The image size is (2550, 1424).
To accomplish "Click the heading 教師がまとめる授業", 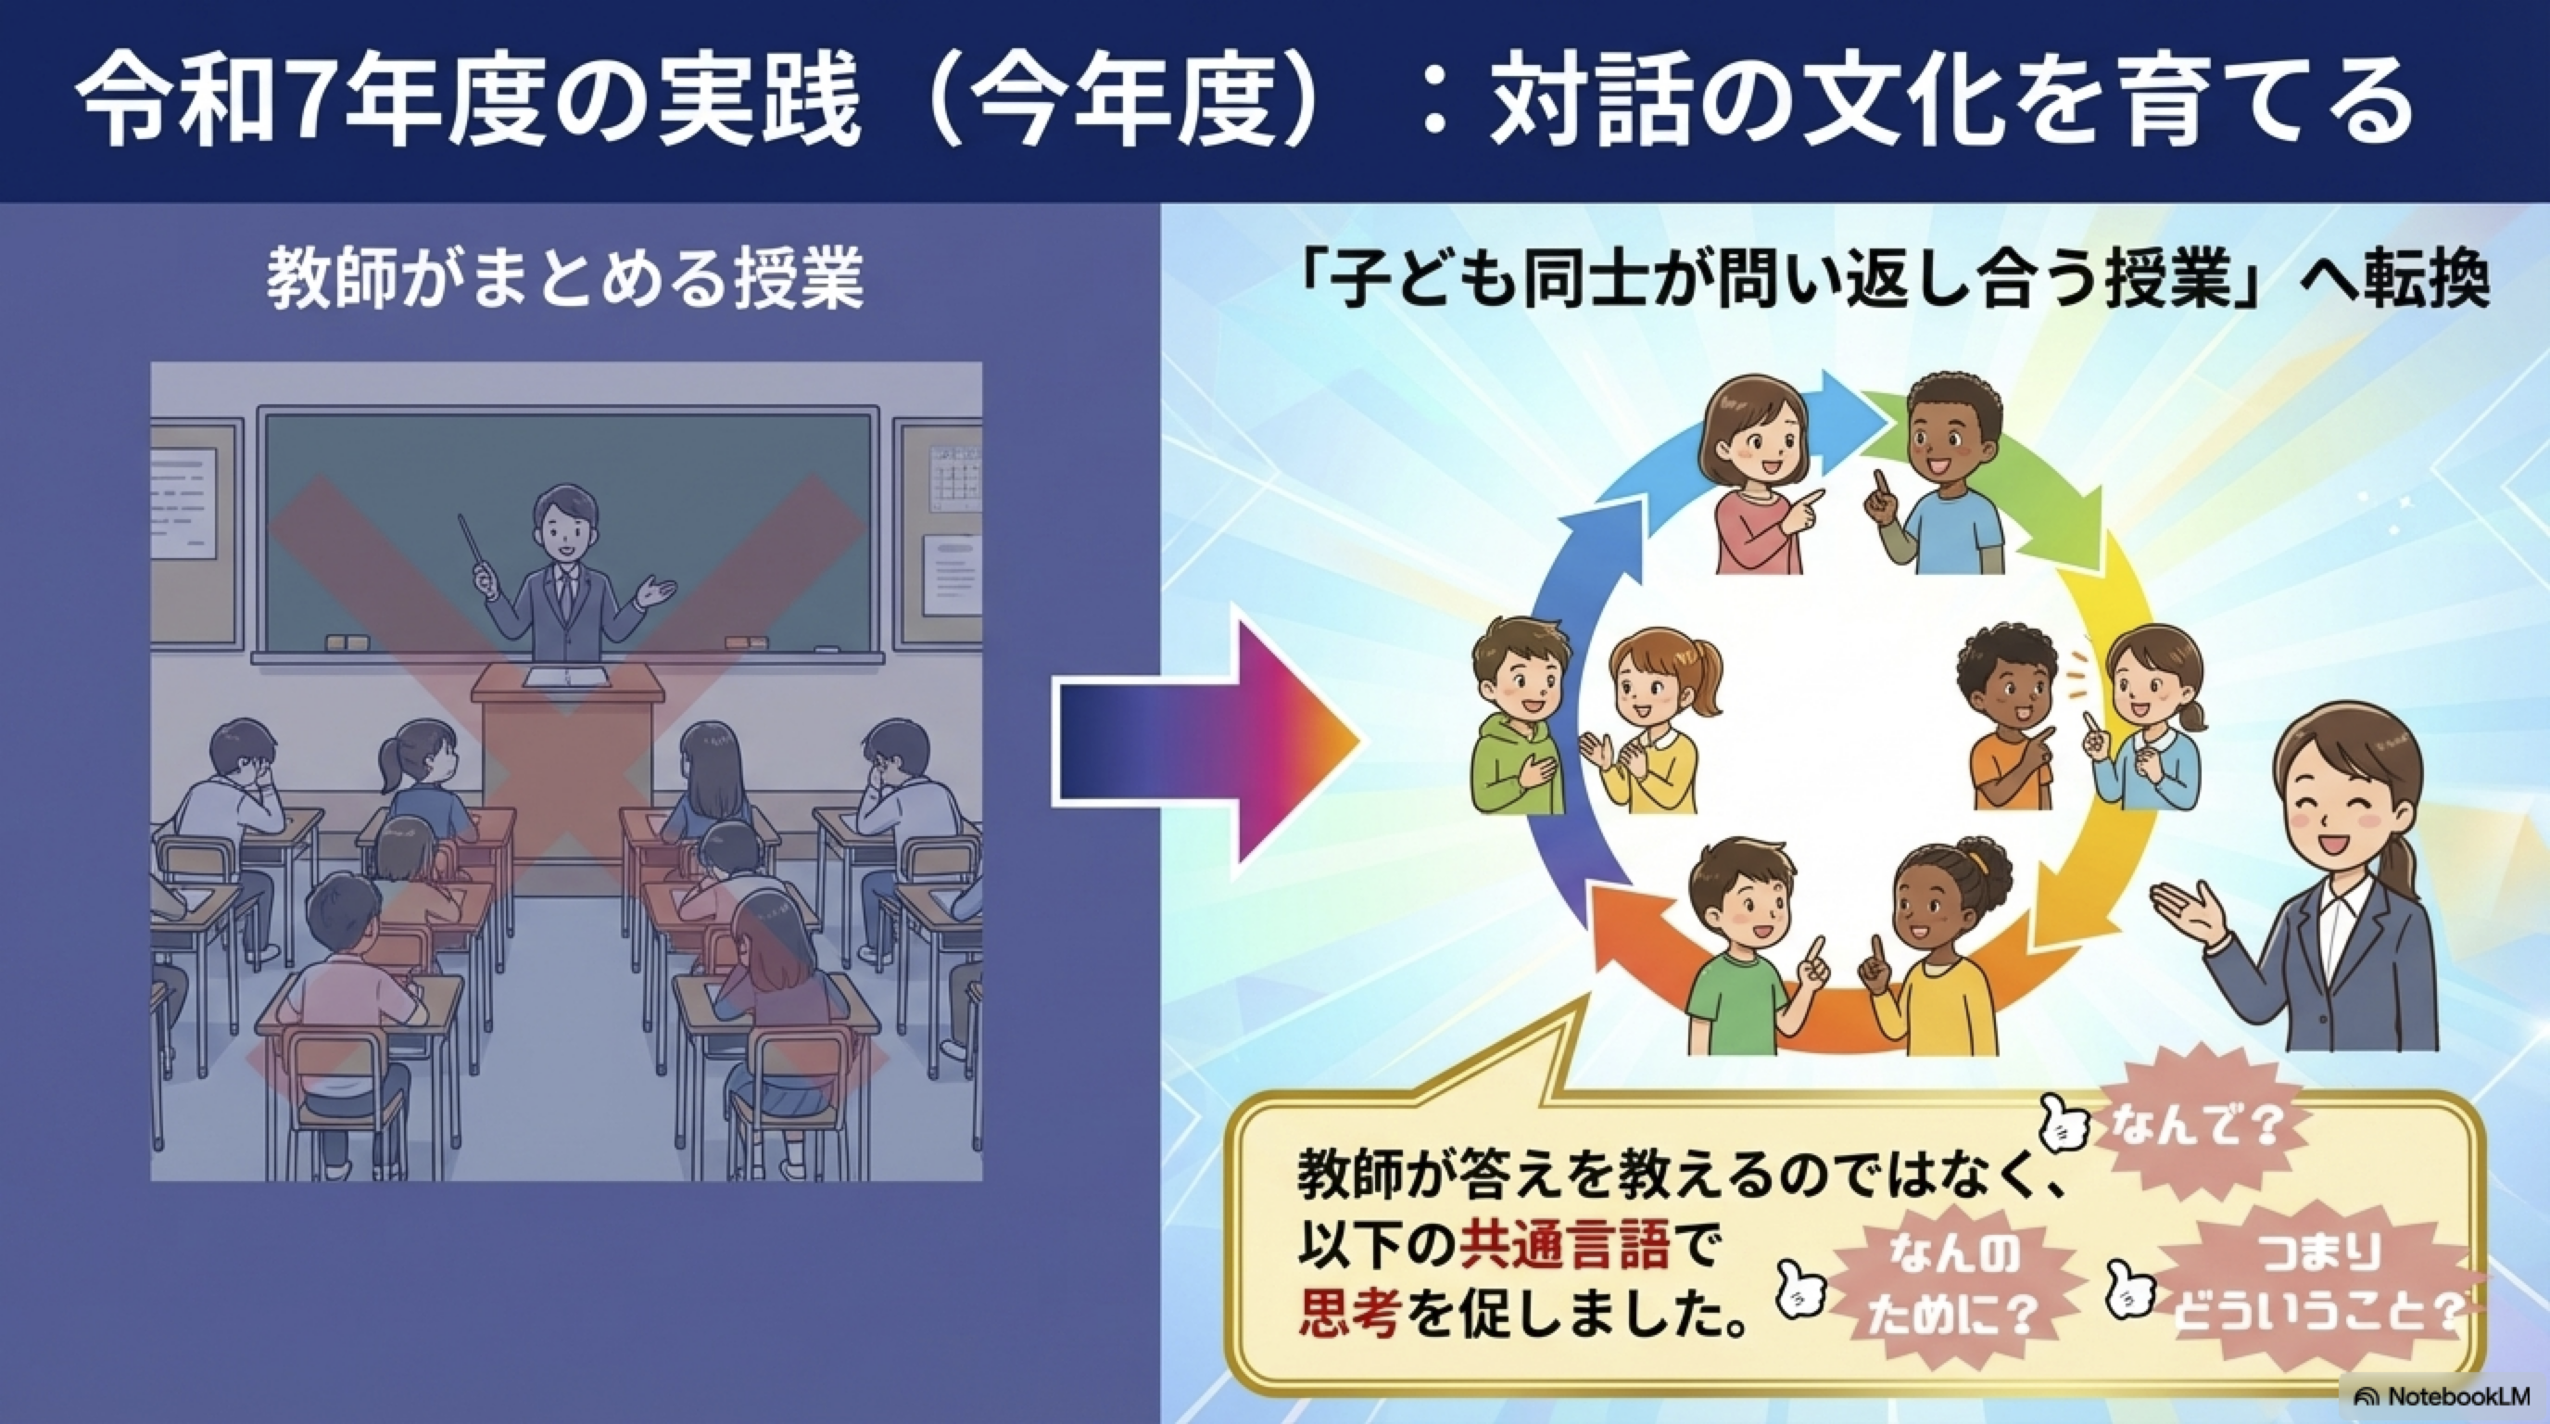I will pos(565,280).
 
